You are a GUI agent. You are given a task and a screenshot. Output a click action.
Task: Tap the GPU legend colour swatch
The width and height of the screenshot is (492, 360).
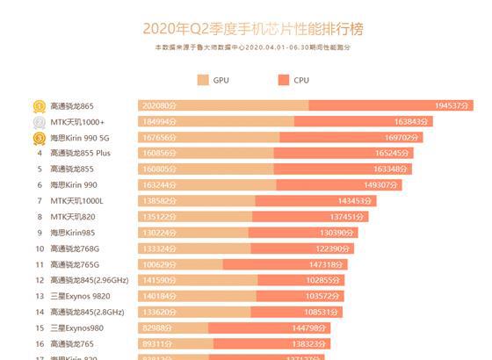coord(203,80)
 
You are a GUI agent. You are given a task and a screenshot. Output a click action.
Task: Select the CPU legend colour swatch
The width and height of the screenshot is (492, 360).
coord(283,80)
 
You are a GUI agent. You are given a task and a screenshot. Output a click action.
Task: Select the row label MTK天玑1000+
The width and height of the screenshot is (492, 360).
coord(77,122)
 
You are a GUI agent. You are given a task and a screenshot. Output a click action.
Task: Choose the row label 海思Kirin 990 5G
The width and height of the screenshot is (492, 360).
coord(83,138)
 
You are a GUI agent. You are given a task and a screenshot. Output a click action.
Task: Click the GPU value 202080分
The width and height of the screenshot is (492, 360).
coord(159,106)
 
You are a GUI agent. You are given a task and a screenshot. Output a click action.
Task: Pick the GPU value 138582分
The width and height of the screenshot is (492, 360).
coord(158,201)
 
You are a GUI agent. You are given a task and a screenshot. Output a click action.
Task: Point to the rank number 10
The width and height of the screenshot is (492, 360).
coord(40,248)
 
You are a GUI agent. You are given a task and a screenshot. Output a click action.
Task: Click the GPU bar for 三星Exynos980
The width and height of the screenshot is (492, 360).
coord(173,328)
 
